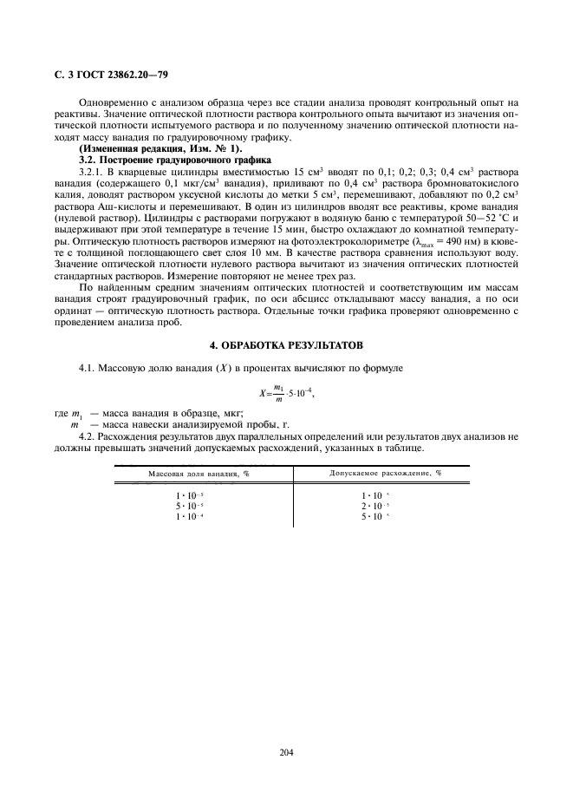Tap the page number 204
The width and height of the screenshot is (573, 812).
point(287,752)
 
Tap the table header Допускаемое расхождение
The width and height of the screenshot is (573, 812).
point(385,475)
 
